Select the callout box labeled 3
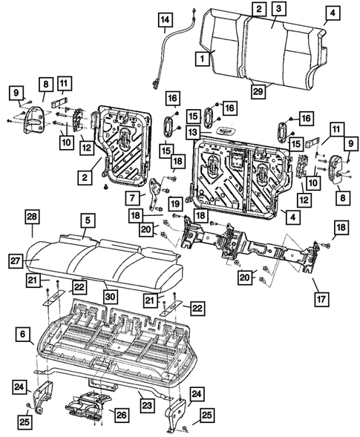pos(277,10)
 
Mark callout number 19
pos(175,203)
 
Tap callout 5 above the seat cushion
pos(88,220)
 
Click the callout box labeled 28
pos(32,216)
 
